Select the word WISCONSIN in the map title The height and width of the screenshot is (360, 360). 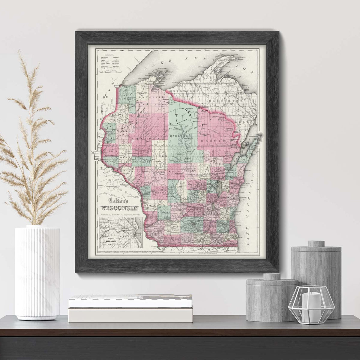coord(119,208)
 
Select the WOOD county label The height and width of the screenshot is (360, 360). coord(174,171)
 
